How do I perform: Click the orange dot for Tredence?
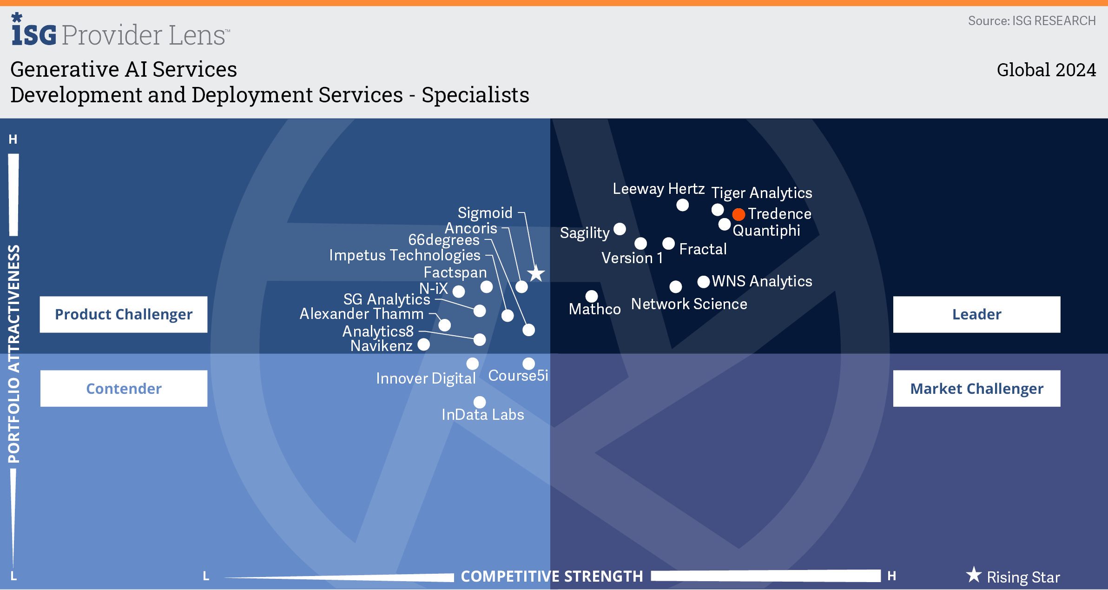pos(739,214)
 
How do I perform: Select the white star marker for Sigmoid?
pos(536,273)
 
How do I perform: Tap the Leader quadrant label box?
pos(976,314)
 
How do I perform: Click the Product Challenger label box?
pos(124,314)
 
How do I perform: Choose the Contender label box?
pos(124,388)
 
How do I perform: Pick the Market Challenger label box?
pos(976,388)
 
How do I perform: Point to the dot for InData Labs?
pos(480,402)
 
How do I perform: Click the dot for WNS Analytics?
pos(704,282)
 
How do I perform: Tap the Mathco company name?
pos(594,309)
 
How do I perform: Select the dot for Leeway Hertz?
pos(682,205)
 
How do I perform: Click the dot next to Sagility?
pos(620,229)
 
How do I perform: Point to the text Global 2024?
pos(1046,70)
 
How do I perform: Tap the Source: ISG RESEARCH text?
pos(1032,21)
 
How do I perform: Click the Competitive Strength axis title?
pos(552,577)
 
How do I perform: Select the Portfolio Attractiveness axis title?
pos(14,354)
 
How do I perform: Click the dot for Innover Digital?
pos(472,364)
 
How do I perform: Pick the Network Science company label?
pos(689,304)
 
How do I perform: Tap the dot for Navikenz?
pos(423,345)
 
